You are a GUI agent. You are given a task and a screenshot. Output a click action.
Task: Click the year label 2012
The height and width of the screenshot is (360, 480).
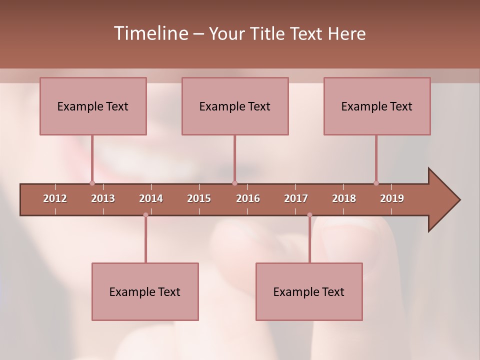pos(55,198)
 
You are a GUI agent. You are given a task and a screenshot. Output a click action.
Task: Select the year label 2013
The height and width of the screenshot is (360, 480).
pos(103,198)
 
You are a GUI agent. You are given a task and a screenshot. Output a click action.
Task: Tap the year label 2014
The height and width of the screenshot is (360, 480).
pos(151,198)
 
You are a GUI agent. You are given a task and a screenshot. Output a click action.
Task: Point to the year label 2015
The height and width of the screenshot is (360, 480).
pos(199,198)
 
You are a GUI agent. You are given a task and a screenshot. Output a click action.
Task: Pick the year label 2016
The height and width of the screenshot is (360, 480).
pos(248,198)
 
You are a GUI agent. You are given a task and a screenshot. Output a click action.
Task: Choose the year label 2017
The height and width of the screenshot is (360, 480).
pos(296,198)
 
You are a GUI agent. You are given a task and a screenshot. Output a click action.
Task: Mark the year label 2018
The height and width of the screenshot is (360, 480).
pos(344,198)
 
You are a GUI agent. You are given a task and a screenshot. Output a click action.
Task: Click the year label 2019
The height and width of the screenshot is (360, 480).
pos(392,198)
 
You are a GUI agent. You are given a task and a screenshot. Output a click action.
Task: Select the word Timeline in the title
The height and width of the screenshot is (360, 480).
pos(150,33)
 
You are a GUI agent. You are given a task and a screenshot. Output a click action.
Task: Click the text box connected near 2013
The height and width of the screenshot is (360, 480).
pos(93,106)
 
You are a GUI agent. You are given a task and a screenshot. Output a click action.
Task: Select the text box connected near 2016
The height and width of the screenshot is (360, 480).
pos(235,106)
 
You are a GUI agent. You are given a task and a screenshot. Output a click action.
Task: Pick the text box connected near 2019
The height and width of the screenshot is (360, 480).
pos(377,106)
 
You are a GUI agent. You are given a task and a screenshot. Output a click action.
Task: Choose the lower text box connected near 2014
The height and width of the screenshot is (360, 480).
pos(145,291)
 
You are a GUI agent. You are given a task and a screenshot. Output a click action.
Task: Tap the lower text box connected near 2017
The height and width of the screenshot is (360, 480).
pos(309,291)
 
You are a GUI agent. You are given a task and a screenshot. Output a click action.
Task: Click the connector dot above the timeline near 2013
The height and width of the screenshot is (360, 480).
pos(92,183)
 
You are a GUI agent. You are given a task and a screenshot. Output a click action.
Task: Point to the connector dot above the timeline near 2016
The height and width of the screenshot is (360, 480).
pos(234,183)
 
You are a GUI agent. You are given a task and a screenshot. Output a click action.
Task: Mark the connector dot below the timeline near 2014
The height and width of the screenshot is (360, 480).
pos(145,215)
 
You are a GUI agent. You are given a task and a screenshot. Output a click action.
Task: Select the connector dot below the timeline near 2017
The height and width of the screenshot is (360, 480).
pos(309,215)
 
